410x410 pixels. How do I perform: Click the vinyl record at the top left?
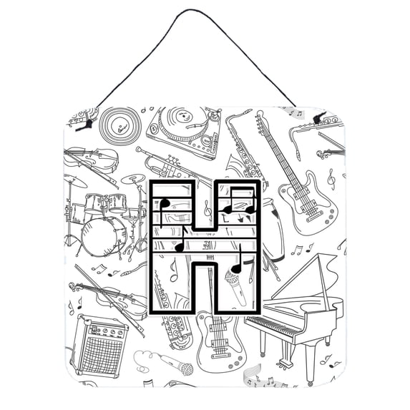point(120,127)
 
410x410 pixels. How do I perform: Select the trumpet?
point(172,165)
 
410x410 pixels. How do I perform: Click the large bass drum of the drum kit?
point(104,237)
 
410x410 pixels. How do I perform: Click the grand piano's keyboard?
point(272,326)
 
